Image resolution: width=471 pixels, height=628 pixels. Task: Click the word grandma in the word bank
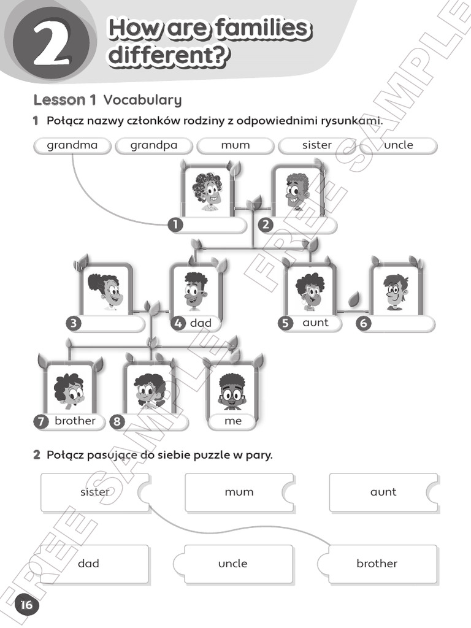tap(72, 145)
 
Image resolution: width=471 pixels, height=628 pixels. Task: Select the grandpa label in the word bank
tap(153, 145)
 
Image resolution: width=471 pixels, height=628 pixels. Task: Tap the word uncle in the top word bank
tap(399, 145)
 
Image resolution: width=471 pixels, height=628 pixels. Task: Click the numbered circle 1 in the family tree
tap(176, 225)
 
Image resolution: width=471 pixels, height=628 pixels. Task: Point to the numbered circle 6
tap(364, 323)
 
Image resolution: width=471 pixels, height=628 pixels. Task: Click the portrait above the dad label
tap(196, 289)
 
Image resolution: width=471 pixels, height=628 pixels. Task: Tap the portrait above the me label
tap(231, 390)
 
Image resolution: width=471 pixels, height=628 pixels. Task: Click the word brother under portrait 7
tap(75, 421)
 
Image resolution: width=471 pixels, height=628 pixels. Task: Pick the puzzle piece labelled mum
tap(239, 492)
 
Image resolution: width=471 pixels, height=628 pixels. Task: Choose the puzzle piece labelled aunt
tap(383, 492)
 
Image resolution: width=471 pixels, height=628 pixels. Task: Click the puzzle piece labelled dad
tap(89, 564)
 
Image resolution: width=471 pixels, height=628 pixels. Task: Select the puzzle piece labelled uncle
tap(233, 564)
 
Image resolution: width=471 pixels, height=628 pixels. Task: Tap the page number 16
tap(25, 605)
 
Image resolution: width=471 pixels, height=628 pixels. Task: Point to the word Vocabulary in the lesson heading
tap(142, 100)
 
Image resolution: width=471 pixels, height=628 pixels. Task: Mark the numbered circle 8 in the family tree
tap(117, 421)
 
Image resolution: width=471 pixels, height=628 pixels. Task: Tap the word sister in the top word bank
tap(316, 145)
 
